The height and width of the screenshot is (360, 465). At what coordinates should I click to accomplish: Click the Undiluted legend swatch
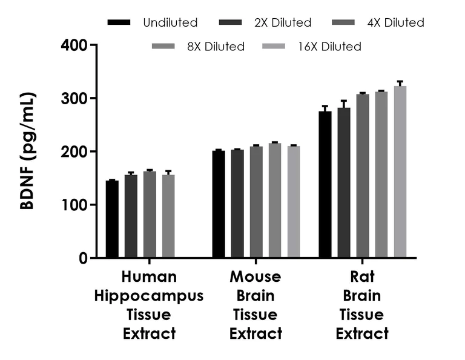(x=119, y=23)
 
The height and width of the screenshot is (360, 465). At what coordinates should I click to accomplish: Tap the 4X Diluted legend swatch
(x=346, y=23)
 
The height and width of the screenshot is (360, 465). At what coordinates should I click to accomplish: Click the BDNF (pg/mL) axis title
(x=28, y=151)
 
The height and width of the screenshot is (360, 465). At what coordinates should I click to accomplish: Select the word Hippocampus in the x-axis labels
(x=149, y=296)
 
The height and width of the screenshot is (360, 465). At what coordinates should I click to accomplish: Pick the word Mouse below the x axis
(x=256, y=278)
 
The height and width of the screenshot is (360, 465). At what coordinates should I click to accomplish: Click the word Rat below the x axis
(x=362, y=278)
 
